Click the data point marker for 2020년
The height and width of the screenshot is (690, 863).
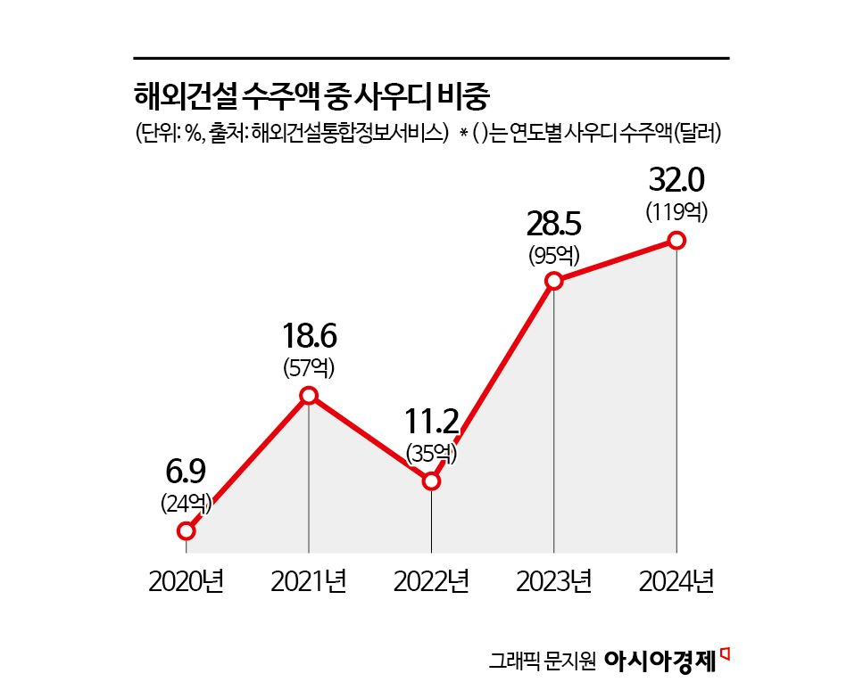(x=186, y=530)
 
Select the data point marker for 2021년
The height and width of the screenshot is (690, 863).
(x=309, y=396)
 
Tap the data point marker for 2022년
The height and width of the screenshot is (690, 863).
(x=431, y=481)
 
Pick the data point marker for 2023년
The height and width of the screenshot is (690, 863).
(x=554, y=281)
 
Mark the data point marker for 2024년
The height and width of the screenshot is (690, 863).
(x=676, y=240)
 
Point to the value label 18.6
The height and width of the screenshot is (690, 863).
(x=309, y=337)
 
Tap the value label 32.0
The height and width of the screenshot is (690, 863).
(x=676, y=181)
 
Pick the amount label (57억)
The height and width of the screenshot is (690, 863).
(x=309, y=367)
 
